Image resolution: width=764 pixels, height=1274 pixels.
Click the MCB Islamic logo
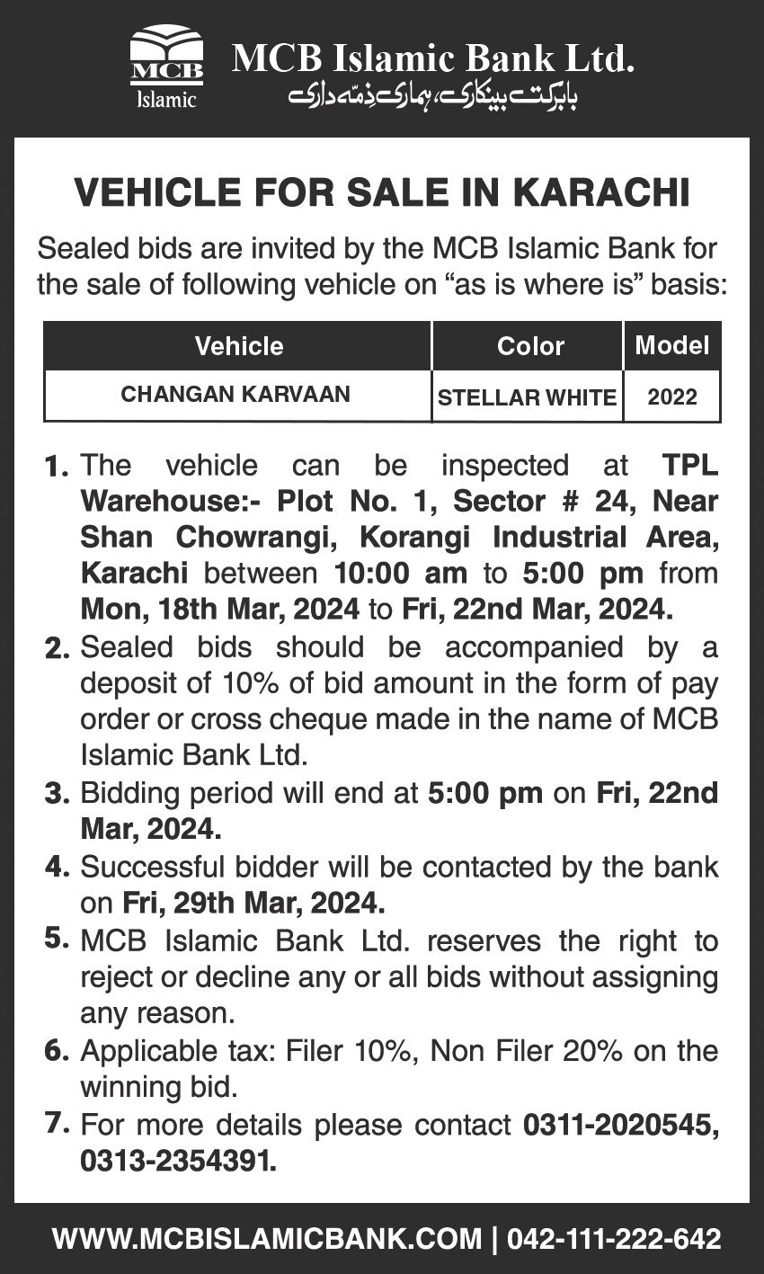tap(167, 70)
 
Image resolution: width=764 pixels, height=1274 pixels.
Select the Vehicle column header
tap(239, 346)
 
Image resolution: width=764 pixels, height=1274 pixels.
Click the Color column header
tap(530, 346)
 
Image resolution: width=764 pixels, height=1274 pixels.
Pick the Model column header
tap(672, 344)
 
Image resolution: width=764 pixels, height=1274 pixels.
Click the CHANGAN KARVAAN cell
tap(235, 395)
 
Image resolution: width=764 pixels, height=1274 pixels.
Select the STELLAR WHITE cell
tap(527, 396)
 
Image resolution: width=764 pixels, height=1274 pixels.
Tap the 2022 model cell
tap(672, 396)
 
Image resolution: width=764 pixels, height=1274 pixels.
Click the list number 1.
tap(56, 468)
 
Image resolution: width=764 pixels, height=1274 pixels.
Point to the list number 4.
tap(56, 867)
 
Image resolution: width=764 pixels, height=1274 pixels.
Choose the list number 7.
tap(56, 1123)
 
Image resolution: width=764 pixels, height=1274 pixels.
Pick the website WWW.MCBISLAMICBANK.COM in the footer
tap(267, 1239)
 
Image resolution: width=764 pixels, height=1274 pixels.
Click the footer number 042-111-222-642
tap(614, 1239)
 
